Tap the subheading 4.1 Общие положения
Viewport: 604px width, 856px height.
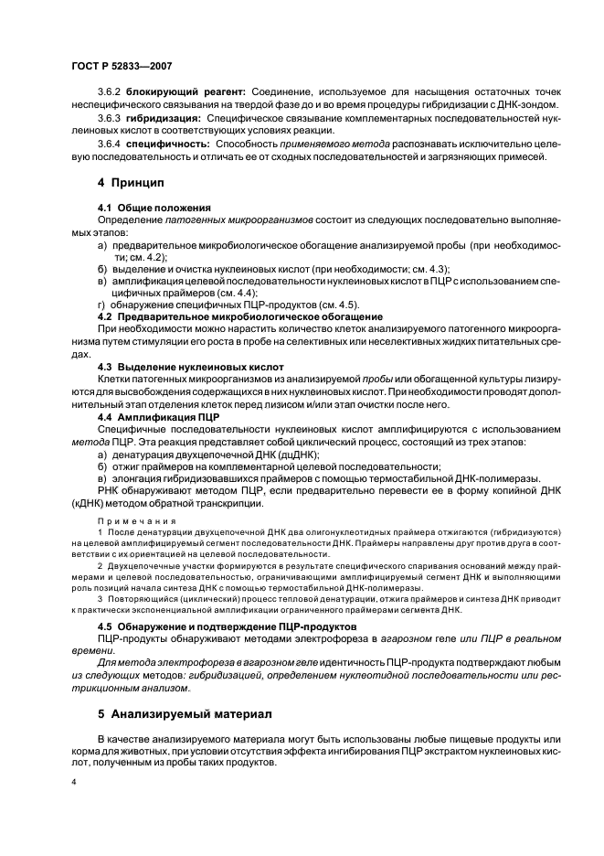point(145,209)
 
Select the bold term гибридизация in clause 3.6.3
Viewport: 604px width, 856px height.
point(164,119)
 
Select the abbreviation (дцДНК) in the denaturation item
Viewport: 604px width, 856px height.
point(296,454)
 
